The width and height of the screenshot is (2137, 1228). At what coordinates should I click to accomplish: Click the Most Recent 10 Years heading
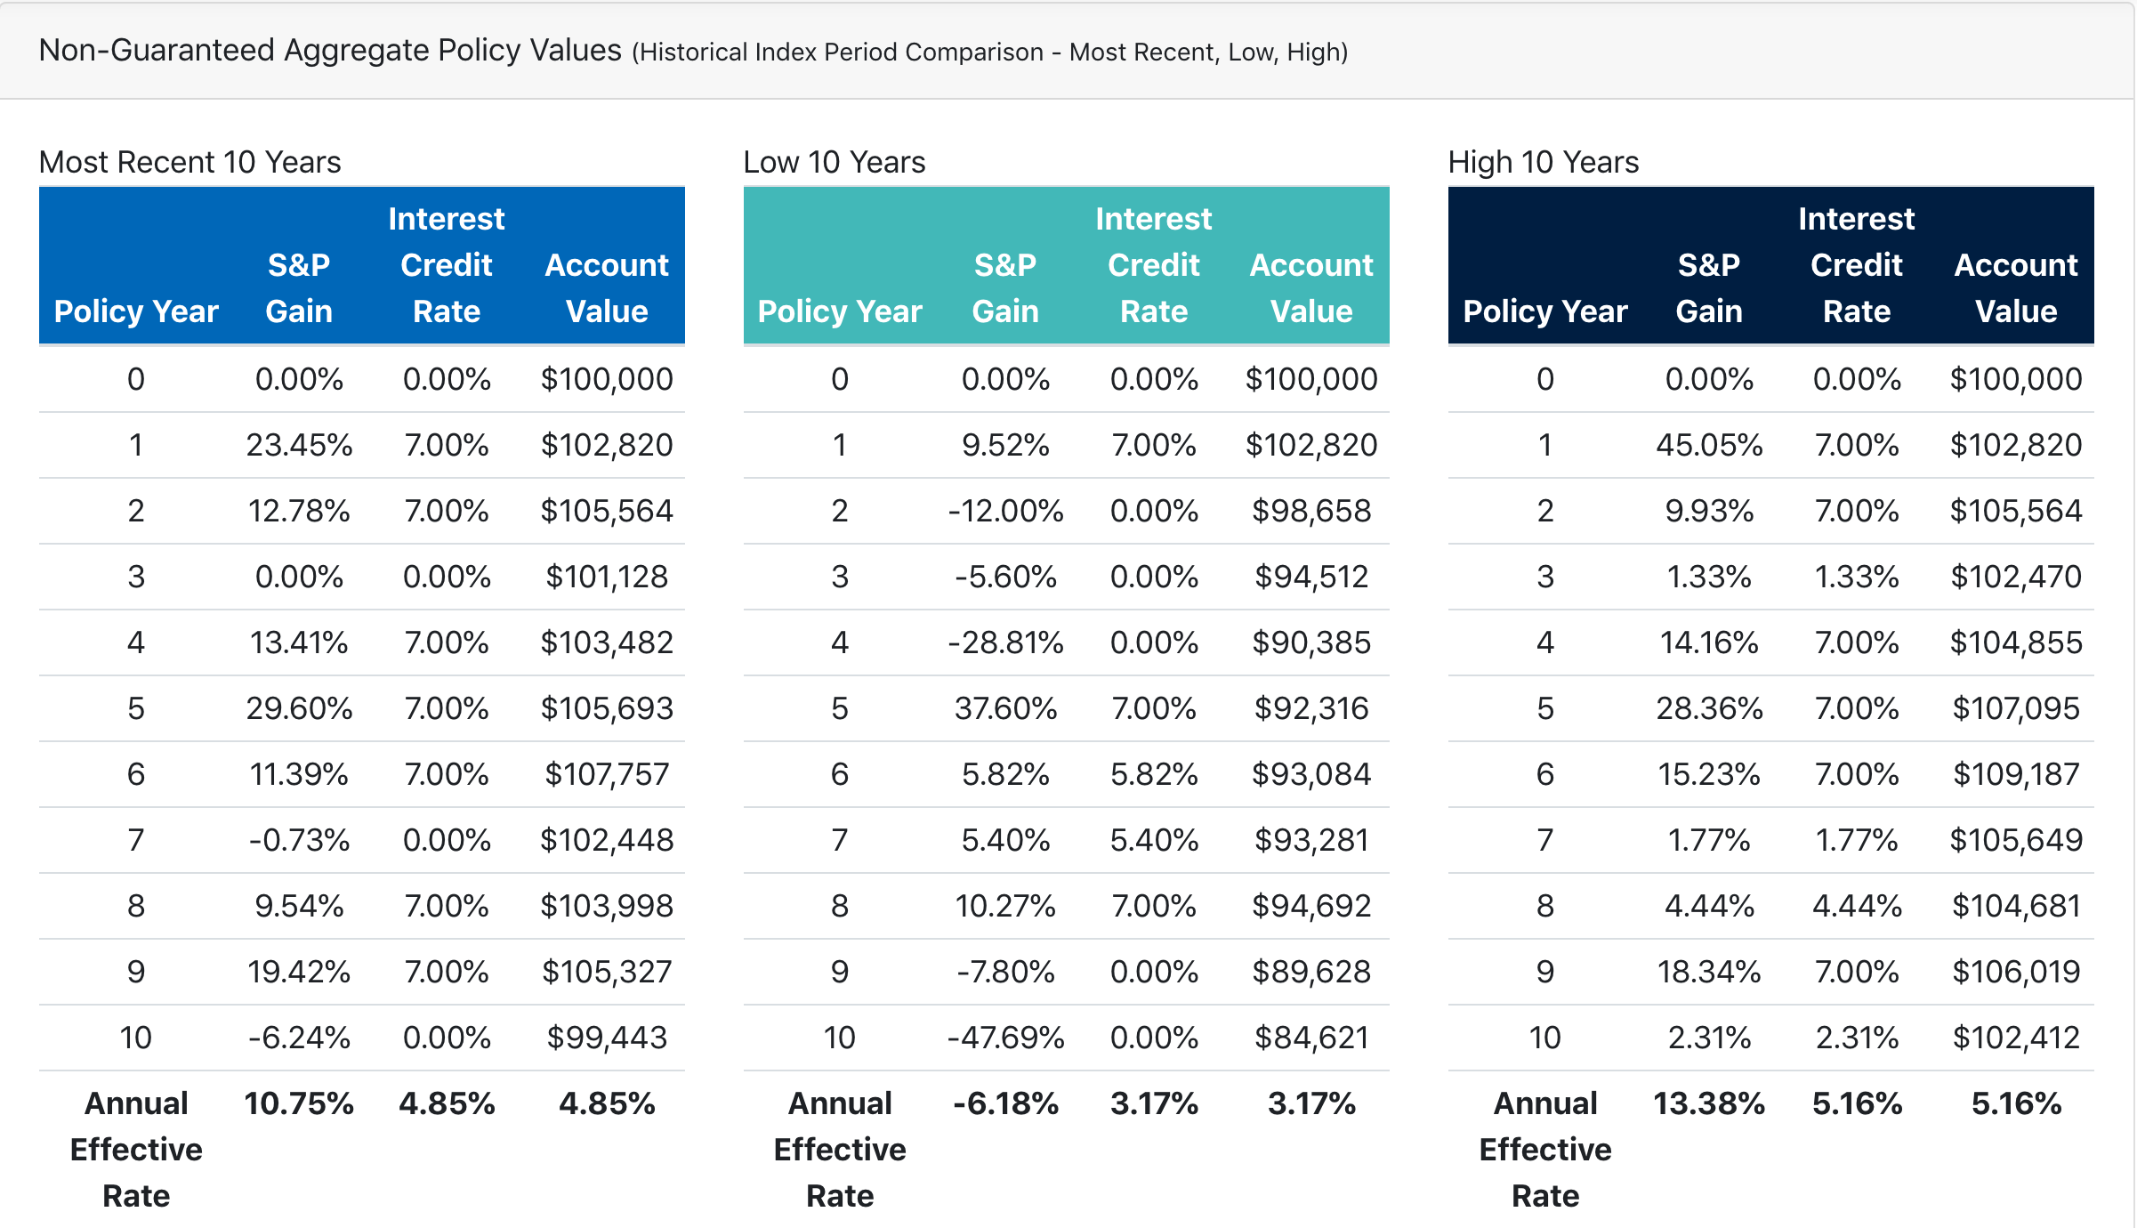pyautogui.click(x=190, y=162)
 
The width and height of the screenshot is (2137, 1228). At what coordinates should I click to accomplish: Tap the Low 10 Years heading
pyautogui.click(x=834, y=162)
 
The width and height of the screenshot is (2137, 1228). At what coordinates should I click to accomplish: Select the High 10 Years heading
pyautogui.click(x=1543, y=162)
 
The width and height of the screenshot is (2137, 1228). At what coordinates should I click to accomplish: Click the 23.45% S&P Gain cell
pyautogui.click(x=299, y=445)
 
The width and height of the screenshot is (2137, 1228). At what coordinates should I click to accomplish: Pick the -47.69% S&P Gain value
pyautogui.click(x=1005, y=1038)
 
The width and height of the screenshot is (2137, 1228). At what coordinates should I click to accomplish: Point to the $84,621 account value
pyautogui.click(x=1311, y=1038)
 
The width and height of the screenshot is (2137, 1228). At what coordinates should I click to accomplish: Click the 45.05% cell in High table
pyautogui.click(x=1708, y=445)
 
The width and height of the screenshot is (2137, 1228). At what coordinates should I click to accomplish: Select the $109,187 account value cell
pyautogui.click(x=2016, y=774)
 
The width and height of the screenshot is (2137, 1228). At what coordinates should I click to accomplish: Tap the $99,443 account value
pyautogui.click(x=607, y=1038)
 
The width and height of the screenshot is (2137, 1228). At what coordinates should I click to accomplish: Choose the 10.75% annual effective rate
pyautogui.click(x=299, y=1103)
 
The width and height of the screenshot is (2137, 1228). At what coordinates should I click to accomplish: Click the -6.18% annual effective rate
pyautogui.click(x=1005, y=1103)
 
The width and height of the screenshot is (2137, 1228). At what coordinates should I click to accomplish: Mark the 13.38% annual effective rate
pyautogui.click(x=1708, y=1103)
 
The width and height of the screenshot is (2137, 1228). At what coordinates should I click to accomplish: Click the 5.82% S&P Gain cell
pyautogui.click(x=1005, y=774)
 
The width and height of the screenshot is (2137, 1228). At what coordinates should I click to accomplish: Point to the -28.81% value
pyautogui.click(x=1005, y=642)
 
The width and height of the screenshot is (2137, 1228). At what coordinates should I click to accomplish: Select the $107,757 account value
pyautogui.click(x=607, y=774)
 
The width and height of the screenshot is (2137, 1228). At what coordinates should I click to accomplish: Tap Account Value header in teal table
pyautogui.click(x=1311, y=287)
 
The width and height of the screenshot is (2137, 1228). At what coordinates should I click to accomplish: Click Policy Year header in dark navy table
pyautogui.click(x=1544, y=311)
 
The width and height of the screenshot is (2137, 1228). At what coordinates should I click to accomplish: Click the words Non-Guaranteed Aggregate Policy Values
pyautogui.click(x=330, y=51)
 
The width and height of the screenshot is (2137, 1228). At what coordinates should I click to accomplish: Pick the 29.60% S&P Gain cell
pyautogui.click(x=299, y=708)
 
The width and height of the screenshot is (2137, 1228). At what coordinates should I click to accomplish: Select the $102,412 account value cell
pyautogui.click(x=2016, y=1038)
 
